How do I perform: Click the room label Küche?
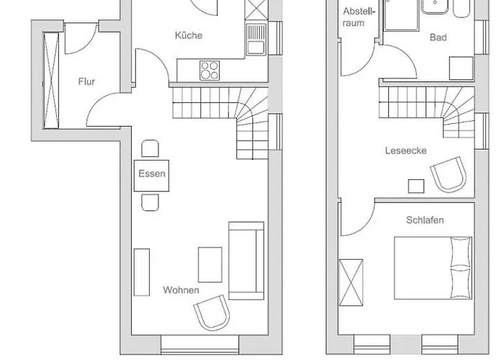189,35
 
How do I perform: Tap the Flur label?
86,81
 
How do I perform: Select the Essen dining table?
152,174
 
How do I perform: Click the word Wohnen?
181,290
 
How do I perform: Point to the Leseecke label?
406,151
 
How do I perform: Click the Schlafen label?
424,220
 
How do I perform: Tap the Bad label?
438,37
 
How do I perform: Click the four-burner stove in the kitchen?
210,70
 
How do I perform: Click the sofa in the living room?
246,260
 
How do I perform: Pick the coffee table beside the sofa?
210,264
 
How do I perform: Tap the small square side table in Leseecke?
415,186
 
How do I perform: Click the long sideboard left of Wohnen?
142,274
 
